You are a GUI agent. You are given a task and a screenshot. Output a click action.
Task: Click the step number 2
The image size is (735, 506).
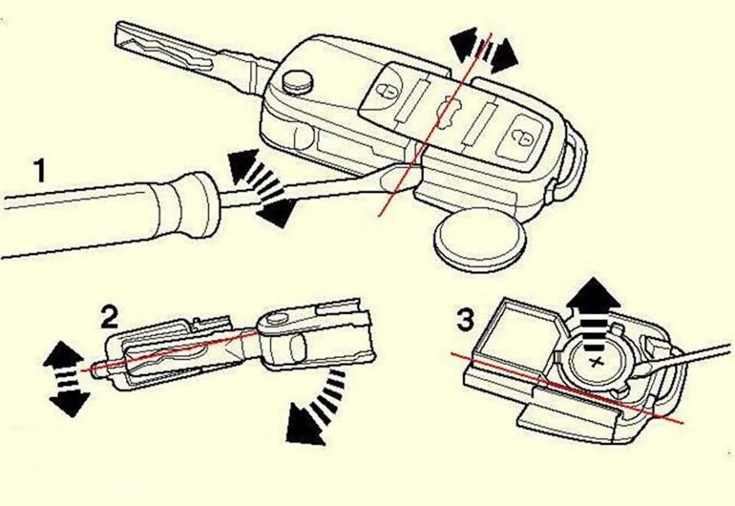[111, 315]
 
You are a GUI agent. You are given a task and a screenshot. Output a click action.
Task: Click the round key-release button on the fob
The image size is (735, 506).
[296, 81]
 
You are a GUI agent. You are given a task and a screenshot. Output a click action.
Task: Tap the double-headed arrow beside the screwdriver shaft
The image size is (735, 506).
[260, 188]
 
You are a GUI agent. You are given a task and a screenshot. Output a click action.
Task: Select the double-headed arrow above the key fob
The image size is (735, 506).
[484, 51]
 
